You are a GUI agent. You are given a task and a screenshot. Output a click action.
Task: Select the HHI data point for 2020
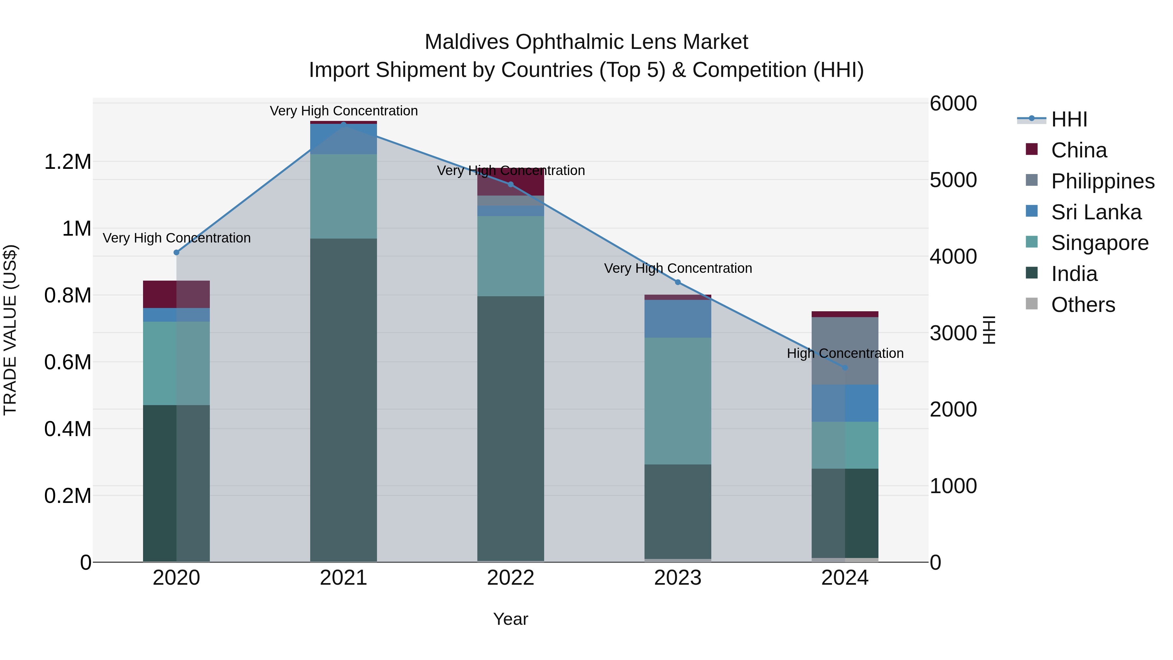[x=177, y=252]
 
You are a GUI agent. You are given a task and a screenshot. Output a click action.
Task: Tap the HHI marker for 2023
[x=678, y=282]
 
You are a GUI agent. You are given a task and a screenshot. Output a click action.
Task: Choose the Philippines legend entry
[x=1102, y=181]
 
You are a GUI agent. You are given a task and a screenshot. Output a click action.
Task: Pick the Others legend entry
[x=1083, y=305]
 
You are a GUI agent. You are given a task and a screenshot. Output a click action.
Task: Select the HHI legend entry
[x=1068, y=119]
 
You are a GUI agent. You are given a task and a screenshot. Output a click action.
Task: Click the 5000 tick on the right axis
[x=953, y=180]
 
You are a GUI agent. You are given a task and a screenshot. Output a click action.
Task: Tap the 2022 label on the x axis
[x=511, y=578]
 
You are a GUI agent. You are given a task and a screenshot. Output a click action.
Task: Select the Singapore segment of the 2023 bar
[x=678, y=401]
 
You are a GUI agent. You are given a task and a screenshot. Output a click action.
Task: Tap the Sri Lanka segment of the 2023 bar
[x=678, y=319]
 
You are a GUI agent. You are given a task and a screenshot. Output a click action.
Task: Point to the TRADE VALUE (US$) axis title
[x=10, y=330]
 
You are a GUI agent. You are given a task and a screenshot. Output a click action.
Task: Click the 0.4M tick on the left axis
[x=67, y=429]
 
